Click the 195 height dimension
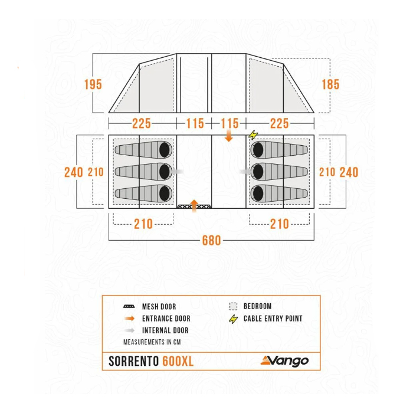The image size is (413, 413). click(93, 84)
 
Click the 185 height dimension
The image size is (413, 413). click(330, 84)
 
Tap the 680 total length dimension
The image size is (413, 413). click(211, 240)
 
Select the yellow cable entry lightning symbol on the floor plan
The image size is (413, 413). click(254, 135)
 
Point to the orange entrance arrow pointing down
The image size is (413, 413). click(229, 136)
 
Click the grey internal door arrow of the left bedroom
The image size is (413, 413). click(176, 171)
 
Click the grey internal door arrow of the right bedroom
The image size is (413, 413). click(246, 171)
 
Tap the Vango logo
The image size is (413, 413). click(285, 360)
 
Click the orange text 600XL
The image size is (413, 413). click(178, 362)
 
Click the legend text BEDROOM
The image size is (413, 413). click(257, 306)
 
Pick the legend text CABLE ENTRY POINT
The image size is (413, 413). click(273, 319)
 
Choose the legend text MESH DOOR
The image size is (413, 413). click(159, 307)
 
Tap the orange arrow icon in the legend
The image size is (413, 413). click(129, 319)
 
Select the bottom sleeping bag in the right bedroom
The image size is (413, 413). click(280, 193)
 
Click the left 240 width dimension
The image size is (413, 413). click(74, 172)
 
